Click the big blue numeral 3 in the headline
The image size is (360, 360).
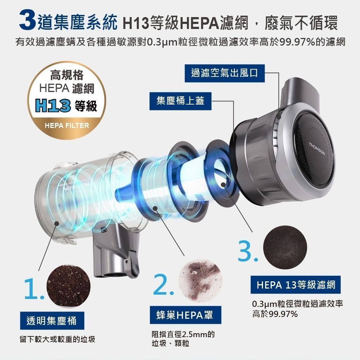[x=28, y=20]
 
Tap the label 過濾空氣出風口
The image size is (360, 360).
[x=225, y=73]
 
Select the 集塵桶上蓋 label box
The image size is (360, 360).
[x=180, y=101]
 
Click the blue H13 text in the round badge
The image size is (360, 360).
[x=53, y=106]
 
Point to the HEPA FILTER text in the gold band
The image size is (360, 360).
[x=67, y=126]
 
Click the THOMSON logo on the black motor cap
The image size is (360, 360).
[x=317, y=149]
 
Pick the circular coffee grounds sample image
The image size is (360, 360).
[x=69, y=286]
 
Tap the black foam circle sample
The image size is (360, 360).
[x=285, y=247]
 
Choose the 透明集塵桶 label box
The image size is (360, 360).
[x=52, y=321]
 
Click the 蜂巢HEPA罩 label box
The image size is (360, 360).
[x=186, y=315]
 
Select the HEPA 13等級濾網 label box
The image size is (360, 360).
[x=295, y=285]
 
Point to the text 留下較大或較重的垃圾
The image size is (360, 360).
[x=57, y=339]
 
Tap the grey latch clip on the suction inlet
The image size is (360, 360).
[x=133, y=262]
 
